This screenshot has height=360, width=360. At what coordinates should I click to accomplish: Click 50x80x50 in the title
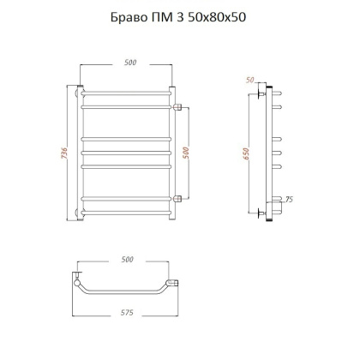[x=222, y=18]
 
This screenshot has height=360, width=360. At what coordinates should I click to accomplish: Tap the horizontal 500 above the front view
[x=129, y=62]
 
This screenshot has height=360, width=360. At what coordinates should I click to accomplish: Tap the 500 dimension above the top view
[x=129, y=258]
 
